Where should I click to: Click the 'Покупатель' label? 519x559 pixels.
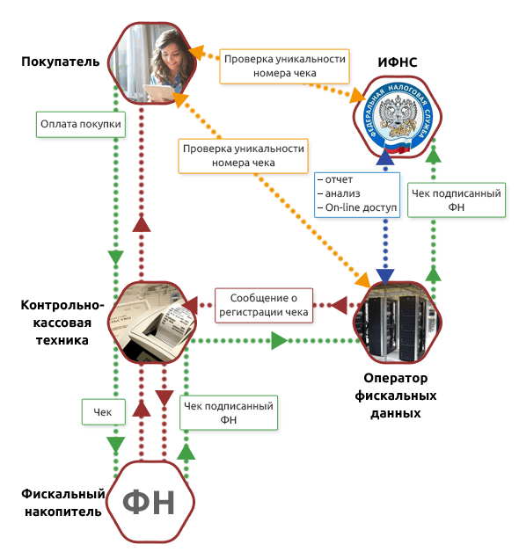[x=61, y=62]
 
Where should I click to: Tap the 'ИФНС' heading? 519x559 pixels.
[x=398, y=62]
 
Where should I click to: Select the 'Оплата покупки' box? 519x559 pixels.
[x=81, y=125]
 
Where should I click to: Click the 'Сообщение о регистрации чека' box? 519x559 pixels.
[x=264, y=306]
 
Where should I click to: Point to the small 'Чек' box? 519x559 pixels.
[x=104, y=412]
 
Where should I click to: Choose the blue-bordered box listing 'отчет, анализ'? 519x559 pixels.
[x=357, y=194]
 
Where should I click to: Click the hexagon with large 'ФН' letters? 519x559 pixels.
[x=150, y=502]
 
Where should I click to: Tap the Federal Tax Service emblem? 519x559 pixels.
[x=398, y=117]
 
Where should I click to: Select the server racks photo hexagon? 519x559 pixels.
[x=398, y=323]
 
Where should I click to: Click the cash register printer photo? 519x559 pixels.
[x=152, y=323]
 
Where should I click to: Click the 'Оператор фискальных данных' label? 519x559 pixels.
[x=396, y=396]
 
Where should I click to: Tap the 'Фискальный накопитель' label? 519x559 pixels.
[x=63, y=503]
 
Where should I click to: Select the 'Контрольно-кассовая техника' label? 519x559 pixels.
[x=62, y=323]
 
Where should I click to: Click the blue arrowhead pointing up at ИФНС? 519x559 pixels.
[x=385, y=156]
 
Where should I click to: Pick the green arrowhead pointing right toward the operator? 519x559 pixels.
[x=280, y=341]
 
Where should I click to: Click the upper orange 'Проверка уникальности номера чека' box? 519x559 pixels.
[x=284, y=66]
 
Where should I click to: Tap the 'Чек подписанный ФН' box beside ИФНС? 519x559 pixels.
[x=457, y=200]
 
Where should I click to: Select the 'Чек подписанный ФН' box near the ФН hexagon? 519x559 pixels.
[x=229, y=412]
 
